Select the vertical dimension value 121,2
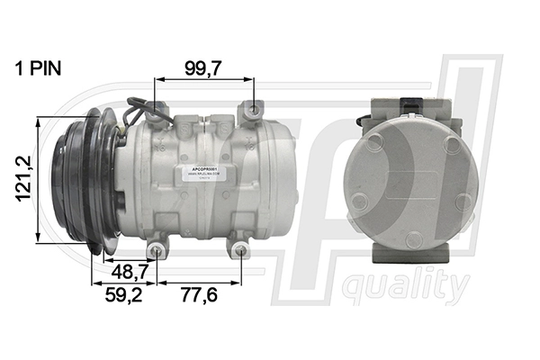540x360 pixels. (x=23, y=181)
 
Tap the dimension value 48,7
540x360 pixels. (x=125, y=270)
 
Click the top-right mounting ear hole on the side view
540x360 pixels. (x=249, y=110)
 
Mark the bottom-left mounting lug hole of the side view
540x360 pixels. (x=155, y=251)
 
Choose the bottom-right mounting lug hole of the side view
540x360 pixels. (x=240, y=251)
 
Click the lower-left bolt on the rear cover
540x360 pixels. (x=359, y=202)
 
